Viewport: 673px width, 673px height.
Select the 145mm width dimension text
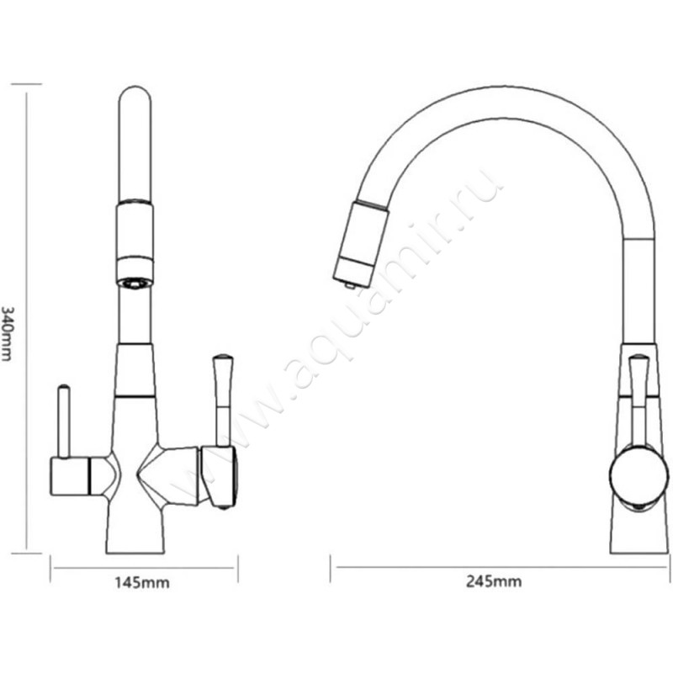143,581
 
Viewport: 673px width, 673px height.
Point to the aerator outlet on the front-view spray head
135,283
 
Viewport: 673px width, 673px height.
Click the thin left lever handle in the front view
62,421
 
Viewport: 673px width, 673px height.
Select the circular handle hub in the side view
638,476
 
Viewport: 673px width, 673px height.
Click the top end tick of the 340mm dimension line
27,84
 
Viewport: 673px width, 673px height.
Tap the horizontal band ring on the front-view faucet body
135,395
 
